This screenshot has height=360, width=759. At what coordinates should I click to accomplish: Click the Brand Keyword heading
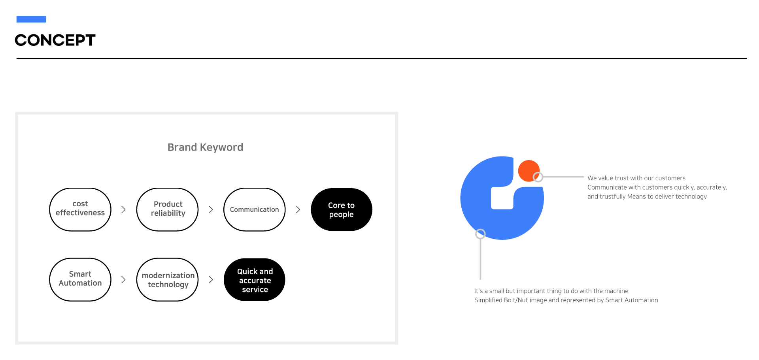click(x=205, y=147)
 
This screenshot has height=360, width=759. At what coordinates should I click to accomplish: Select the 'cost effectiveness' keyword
click(x=80, y=208)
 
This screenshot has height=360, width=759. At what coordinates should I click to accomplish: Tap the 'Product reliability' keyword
click(x=168, y=209)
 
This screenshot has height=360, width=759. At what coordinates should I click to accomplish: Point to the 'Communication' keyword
click(x=254, y=209)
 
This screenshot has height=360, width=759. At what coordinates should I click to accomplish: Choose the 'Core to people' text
click(x=341, y=210)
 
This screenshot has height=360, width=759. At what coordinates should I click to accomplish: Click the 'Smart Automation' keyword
click(x=80, y=279)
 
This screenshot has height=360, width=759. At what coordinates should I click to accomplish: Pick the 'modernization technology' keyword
click(x=168, y=280)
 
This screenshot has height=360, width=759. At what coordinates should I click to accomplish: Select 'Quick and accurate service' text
click(x=255, y=281)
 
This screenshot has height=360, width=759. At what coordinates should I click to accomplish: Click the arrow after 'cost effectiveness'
click(x=123, y=209)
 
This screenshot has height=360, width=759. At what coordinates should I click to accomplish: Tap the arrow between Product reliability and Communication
click(x=211, y=209)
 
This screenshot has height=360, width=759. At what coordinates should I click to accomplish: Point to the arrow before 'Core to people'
click(x=298, y=209)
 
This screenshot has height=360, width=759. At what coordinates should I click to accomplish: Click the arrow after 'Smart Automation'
click(x=123, y=280)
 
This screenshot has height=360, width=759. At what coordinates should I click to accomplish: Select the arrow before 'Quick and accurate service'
click(x=211, y=280)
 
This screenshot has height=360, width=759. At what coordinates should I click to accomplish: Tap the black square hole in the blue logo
click(x=502, y=198)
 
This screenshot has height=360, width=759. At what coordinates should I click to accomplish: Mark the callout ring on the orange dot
click(x=538, y=177)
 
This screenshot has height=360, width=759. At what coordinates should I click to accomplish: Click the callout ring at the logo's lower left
click(x=480, y=234)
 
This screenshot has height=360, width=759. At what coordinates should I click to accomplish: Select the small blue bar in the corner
click(x=31, y=19)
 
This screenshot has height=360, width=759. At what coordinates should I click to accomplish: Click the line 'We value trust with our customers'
click(x=636, y=178)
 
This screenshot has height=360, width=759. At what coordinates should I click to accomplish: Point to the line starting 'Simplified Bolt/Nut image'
click(x=566, y=300)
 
